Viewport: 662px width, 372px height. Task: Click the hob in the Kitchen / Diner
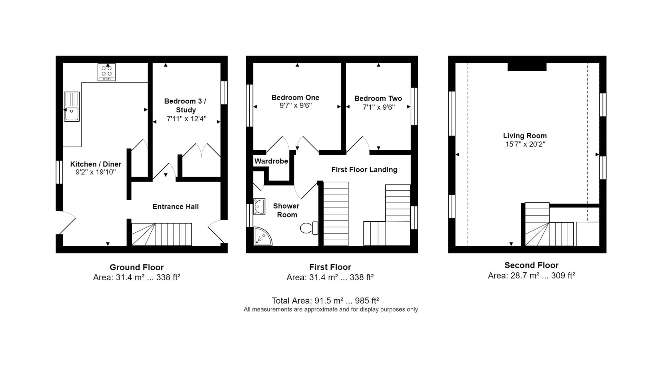pos(107,71)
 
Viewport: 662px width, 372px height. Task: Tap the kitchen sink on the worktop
pos(72,107)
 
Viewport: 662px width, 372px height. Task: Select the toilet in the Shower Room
pos(309,228)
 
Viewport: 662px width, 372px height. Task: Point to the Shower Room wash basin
pos(259,207)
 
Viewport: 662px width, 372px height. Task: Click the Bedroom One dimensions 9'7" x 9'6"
pos(295,106)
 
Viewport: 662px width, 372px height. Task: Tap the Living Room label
pos(525,136)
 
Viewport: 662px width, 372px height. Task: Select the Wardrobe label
pos(271,161)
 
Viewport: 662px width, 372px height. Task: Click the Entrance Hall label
pos(175,207)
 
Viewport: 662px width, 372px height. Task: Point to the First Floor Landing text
pos(364,170)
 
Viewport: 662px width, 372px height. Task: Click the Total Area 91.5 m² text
pos(325,301)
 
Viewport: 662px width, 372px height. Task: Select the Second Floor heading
pos(531,265)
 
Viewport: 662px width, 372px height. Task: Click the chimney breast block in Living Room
pos(527,67)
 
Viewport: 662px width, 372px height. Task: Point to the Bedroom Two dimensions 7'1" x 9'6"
pos(378,107)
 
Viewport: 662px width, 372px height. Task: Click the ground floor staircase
pos(162,234)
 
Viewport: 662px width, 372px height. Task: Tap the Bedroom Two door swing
pos(358,145)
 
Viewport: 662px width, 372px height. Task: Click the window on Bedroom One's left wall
pos(249,106)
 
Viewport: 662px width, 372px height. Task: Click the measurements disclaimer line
pos(331,310)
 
